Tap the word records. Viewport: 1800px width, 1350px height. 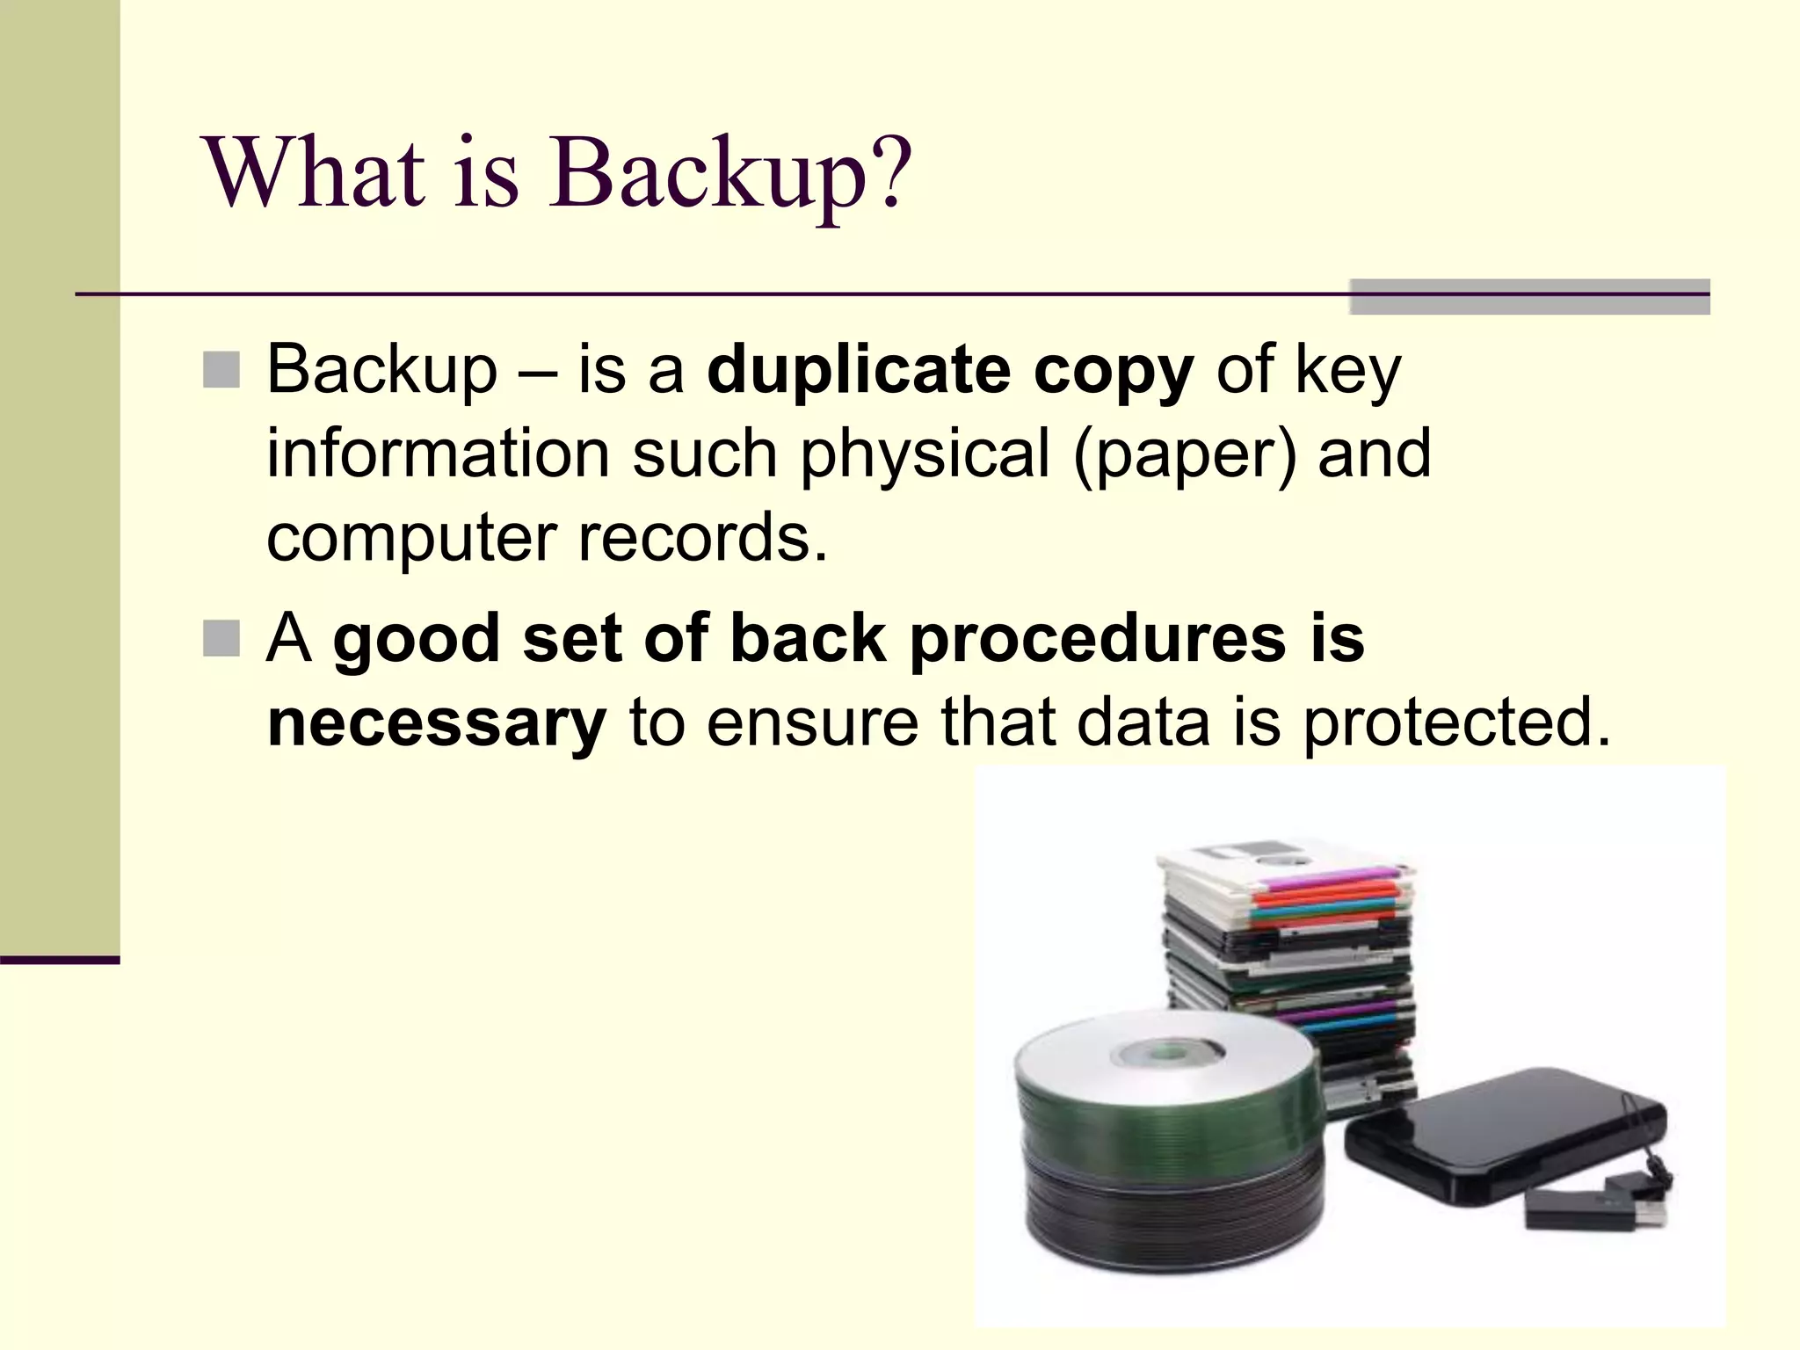[x=703, y=538]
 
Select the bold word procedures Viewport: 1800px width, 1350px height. [x=1098, y=639]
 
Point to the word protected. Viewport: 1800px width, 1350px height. [x=1457, y=723]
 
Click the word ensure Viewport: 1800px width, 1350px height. [x=812, y=723]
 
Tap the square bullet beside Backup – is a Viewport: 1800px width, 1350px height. [x=221, y=370]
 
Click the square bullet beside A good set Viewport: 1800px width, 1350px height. [x=221, y=639]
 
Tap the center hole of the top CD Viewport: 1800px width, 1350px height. [x=1167, y=1052]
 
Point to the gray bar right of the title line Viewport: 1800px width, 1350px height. [x=1529, y=297]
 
